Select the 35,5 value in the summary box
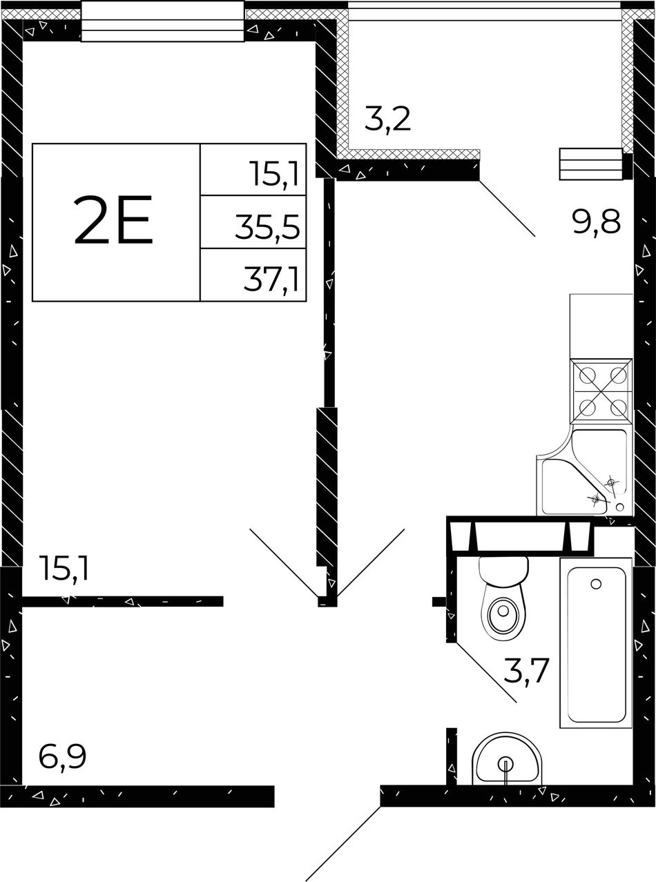coord(267,226)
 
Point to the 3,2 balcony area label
coord(387,119)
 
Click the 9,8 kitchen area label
coord(597,223)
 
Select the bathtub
coord(595,643)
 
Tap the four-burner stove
coord(601,391)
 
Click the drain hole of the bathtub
coord(595,584)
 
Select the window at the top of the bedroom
coord(162,21)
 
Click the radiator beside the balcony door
coord(590,164)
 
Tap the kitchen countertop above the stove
coord(601,326)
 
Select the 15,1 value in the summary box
coord(275,174)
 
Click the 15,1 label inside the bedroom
coord(64,569)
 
